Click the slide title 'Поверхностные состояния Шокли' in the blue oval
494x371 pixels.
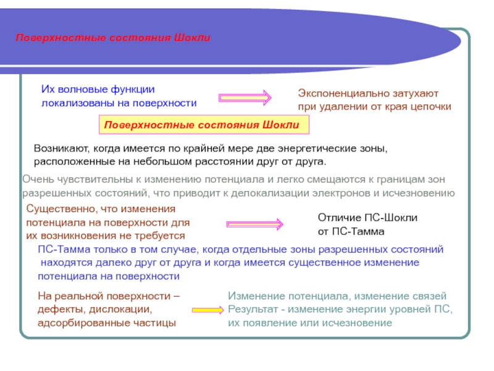tap(114, 38)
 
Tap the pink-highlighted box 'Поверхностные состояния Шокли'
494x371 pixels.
tap(202, 126)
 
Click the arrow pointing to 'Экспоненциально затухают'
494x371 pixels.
tap(245, 98)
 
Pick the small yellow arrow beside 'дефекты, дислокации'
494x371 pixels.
tap(206, 308)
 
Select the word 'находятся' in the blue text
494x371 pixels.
tap(64, 263)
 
